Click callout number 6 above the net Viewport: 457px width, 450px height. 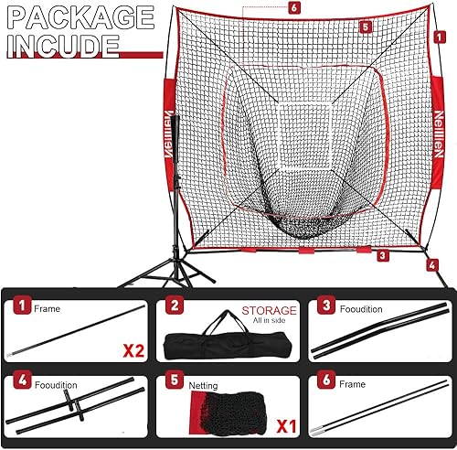click(293, 7)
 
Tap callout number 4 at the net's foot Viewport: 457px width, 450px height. click(430, 266)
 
